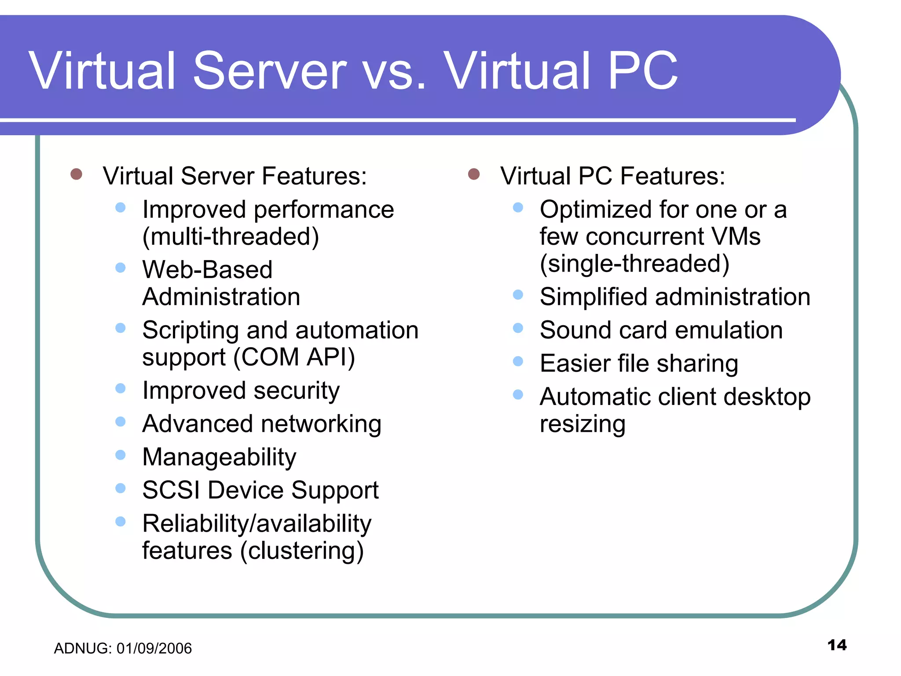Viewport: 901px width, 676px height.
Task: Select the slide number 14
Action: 837,645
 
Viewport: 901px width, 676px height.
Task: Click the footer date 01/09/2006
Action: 154,648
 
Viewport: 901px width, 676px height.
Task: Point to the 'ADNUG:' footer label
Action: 83,648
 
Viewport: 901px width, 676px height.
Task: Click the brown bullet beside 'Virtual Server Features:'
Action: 77,174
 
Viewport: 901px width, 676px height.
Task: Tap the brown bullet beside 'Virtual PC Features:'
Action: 474,174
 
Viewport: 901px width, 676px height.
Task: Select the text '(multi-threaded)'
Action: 231,237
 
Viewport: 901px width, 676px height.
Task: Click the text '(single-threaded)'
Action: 634,264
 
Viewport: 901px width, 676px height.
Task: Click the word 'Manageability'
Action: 219,457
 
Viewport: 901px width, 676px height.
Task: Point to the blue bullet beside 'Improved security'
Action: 121,388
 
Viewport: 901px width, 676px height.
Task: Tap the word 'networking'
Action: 321,424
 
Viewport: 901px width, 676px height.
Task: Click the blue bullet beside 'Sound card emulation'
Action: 518,328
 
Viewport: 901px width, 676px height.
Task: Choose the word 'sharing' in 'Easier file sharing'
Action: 697,364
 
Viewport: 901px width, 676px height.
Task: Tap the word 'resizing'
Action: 582,424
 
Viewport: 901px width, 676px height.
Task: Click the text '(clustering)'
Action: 302,551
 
